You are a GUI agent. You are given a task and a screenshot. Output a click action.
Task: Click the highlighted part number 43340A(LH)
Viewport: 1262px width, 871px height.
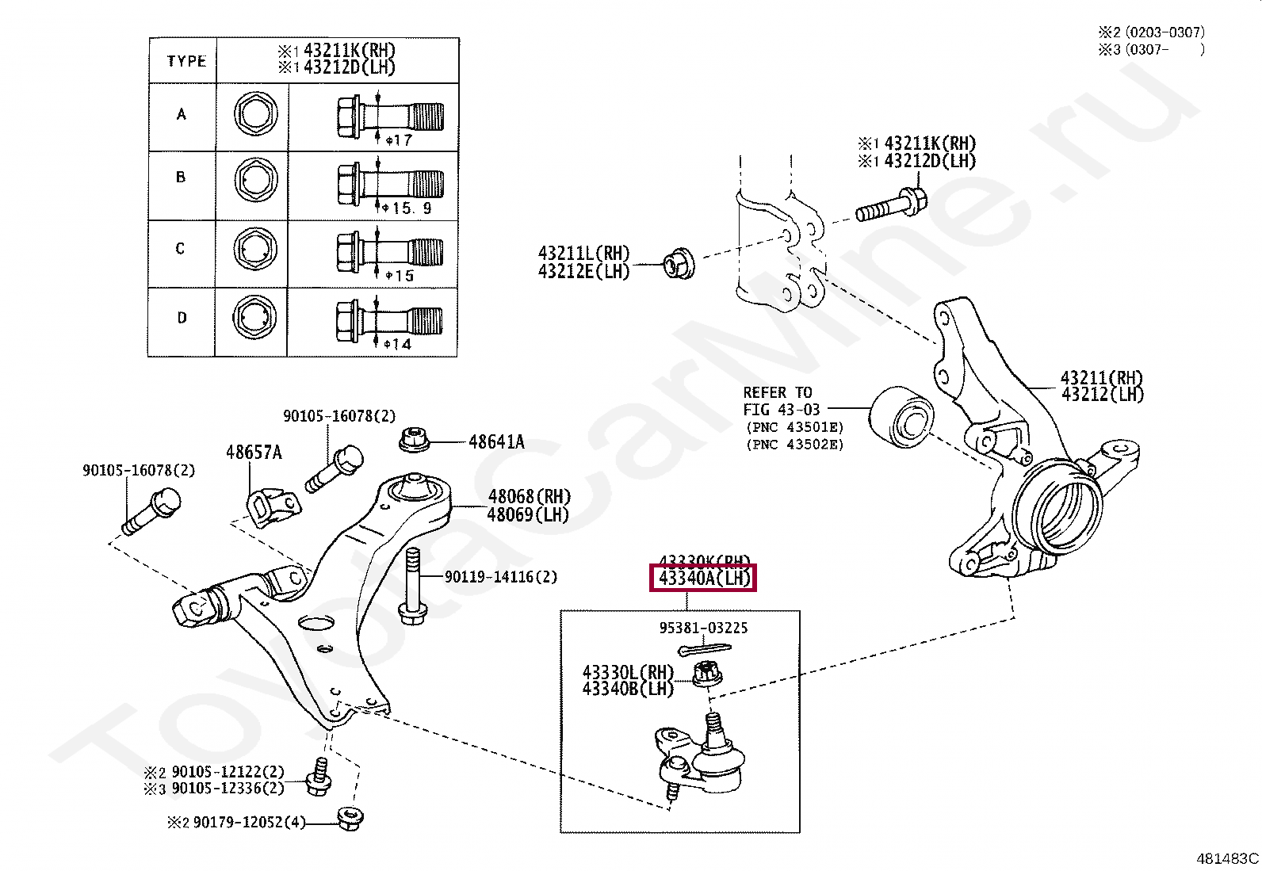pyautogui.click(x=704, y=578)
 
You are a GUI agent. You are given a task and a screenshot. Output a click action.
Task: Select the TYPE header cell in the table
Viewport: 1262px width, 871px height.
pyautogui.click(x=187, y=61)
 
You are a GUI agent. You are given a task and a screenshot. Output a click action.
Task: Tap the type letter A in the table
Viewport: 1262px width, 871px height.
pyautogui.click(x=182, y=114)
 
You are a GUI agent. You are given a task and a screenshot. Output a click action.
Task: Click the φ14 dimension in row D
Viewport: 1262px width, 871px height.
pyautogui.click(x=398, y=344)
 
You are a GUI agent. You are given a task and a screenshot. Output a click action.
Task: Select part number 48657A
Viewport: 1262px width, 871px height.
pyautogui.click(x=254, y=453)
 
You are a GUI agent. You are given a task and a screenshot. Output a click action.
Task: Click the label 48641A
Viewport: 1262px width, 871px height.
pyautogui.click(x=496, y=442)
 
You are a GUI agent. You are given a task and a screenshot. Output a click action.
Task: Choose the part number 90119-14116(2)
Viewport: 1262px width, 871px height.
pyautogui.click(x=500, y=577)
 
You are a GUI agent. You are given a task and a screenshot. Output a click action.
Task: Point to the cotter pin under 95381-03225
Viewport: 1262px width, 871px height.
pyautogui.click(x=702, y=649)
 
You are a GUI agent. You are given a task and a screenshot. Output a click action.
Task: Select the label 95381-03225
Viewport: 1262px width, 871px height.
pyautogui.click(x=703, y=628)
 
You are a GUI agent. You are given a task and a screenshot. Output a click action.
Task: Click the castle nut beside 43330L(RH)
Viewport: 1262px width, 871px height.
pyautogui.click(x=706, y=675)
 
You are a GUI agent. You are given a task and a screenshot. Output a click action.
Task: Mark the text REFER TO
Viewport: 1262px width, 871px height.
pyautogui.click(x=777, y=392)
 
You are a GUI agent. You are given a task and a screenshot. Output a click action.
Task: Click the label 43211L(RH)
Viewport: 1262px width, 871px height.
pyautogui.click(x=583, y=254)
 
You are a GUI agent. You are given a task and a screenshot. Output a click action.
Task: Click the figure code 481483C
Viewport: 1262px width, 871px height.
pyautogui.click(x=1227, y=858)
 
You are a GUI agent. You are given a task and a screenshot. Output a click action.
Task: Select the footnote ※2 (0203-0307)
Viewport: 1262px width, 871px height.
pyautogui.click(x=1151, y=32)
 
